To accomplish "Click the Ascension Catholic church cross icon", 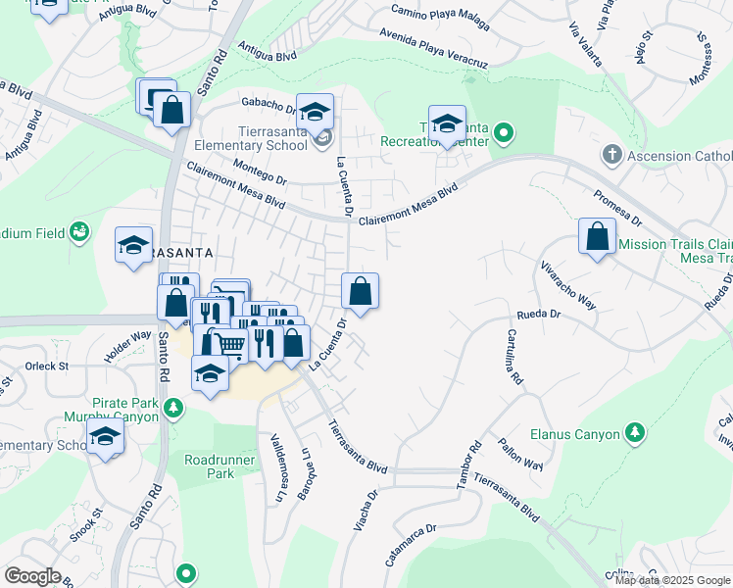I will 612,155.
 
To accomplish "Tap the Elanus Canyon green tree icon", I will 635,432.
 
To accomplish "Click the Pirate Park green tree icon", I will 173,408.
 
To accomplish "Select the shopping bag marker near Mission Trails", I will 597,237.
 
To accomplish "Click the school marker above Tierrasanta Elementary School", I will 316,114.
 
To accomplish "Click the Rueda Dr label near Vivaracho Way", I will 538,316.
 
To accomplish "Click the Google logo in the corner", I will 32,575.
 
